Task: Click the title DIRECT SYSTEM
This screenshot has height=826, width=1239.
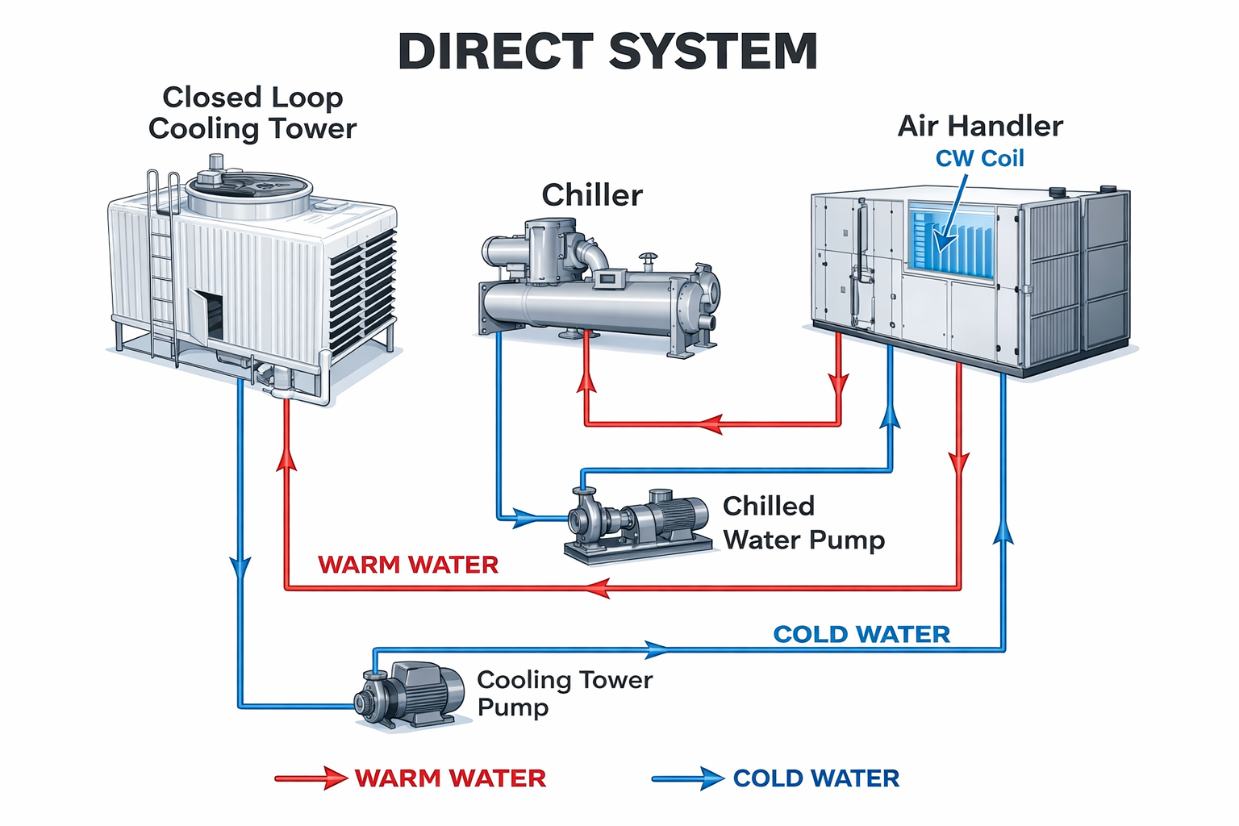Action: pyautogui.click(x=607, y=52)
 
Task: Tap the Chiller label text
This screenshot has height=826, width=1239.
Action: pyautogui.click(x=592, y=195)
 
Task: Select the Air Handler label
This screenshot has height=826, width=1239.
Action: pyautogui.click(x=980, y=126)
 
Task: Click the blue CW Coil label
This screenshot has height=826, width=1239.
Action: pyautogui.click(x=979, y=159)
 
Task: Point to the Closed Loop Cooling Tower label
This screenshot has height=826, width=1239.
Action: pyautogui.click(x=252, y=113)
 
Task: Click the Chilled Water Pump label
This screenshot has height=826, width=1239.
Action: pyautogui.click(x=803, y=523)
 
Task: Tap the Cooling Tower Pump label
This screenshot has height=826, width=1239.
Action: pyautogui.click(x=564, y=693)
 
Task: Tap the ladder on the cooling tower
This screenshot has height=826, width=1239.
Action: pyautogui.click(x=163, y=266)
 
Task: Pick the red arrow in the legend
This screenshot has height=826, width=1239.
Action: pyautogui.click(x=311, y=778)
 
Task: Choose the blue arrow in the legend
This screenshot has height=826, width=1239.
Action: pyautogui.click(x=688, y=778)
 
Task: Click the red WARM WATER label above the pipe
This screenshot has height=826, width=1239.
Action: pyautogui.click(x=408, y=565)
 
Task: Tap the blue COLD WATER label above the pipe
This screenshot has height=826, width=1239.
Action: pyautogui.click(x=861, y=635)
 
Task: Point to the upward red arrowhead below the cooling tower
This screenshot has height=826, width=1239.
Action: pyautogui.click(x=286, y=457)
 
